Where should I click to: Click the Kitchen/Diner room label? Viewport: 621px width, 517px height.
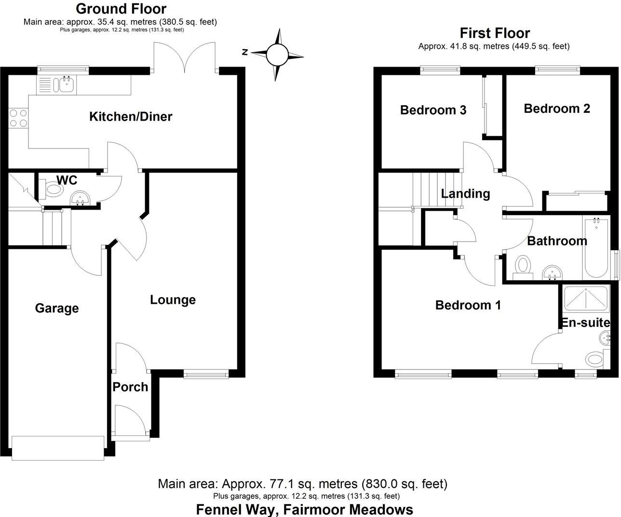click(131, 116)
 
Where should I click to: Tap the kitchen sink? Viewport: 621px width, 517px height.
click(64, 85)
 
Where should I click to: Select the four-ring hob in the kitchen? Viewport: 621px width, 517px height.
click(18, 118)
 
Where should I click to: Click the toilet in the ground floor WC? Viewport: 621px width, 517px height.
click(53, 190)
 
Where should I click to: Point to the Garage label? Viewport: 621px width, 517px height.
click(57, 308)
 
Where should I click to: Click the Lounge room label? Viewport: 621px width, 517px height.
click(173, 299)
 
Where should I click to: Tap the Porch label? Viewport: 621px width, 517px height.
click(130, 387)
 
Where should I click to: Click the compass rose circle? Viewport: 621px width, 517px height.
click(277, 54)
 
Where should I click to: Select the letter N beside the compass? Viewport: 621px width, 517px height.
click(245, 52)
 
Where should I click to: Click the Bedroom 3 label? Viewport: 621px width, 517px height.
click(433, 110)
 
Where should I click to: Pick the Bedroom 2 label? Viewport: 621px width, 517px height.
click(557, 109)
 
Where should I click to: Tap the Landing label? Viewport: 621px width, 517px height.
click(465, 194)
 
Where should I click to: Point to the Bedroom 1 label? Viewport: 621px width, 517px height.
click(468, 305)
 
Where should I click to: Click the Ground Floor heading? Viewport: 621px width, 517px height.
click(121, 9)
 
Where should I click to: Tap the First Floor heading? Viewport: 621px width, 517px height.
click(495, 33)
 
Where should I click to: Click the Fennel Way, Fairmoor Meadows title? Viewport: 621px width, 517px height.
click(304, 509)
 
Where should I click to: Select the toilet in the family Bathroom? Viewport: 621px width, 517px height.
click(523, 266)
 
